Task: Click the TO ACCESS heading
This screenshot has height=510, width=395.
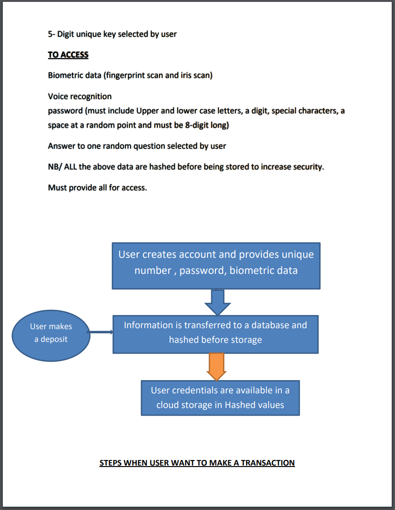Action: [68, 55]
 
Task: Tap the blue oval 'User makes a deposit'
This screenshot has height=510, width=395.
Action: [51, 333]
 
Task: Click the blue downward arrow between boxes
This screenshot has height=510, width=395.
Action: [217, 302]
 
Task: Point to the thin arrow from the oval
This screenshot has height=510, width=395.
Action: [100, 332]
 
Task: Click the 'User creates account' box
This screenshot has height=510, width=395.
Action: [216, 265]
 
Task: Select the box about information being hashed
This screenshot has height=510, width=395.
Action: [215, 334]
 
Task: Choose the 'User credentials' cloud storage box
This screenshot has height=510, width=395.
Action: [220, 398]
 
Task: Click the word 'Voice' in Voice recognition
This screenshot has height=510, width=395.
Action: [58, 96]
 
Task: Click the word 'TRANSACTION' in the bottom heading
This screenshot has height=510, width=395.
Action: [268, 463]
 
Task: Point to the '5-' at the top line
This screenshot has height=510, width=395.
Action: [51, 34]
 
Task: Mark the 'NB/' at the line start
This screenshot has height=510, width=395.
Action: [55, 167]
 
